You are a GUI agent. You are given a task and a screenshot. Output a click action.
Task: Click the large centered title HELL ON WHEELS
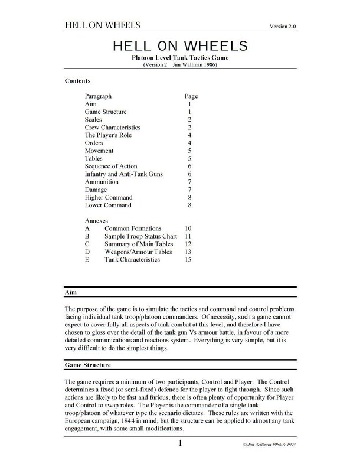(x=179, y=46)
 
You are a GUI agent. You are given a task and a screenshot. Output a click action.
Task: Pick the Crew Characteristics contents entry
(x=113, y=127)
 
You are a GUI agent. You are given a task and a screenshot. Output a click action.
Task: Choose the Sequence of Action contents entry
(x=110, y=166)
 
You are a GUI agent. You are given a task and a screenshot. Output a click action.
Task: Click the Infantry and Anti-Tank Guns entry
(x=123, y=174)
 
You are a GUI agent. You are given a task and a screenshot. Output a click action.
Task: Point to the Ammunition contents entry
(x=102, y=182)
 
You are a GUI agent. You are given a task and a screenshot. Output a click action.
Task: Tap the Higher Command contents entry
(x=108, y=197)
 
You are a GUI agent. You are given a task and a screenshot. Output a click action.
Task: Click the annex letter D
(x=87, y=252)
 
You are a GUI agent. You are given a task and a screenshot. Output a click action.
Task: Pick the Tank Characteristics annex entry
(x=132, y=259)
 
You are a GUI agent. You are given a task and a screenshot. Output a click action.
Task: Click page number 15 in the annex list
(x=188, y=259)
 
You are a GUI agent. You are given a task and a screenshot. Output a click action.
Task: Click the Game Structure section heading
(x=87, y=365)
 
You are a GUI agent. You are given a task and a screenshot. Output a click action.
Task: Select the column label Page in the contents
(x=191, y=96)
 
